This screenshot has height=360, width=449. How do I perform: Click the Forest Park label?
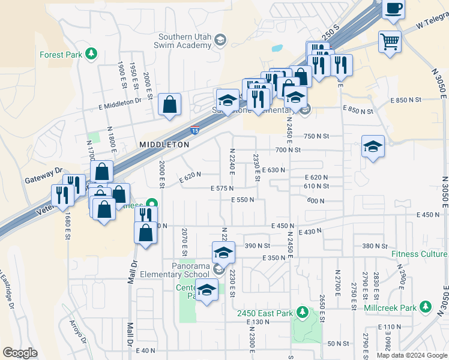61,55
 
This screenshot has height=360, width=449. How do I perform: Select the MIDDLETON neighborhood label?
164,145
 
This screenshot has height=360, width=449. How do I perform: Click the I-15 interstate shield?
195,130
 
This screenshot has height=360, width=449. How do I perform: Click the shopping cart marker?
390,42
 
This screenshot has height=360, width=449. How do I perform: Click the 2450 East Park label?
265,313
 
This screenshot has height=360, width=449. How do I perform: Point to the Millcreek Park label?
390,308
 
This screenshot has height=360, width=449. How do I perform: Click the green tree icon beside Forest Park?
91,54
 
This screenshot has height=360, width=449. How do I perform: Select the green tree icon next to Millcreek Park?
426,307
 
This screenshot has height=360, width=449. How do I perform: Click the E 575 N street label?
222,188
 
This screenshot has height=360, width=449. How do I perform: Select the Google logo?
20,353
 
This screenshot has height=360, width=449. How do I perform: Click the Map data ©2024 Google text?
411,355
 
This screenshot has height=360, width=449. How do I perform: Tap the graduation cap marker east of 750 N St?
373,146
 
